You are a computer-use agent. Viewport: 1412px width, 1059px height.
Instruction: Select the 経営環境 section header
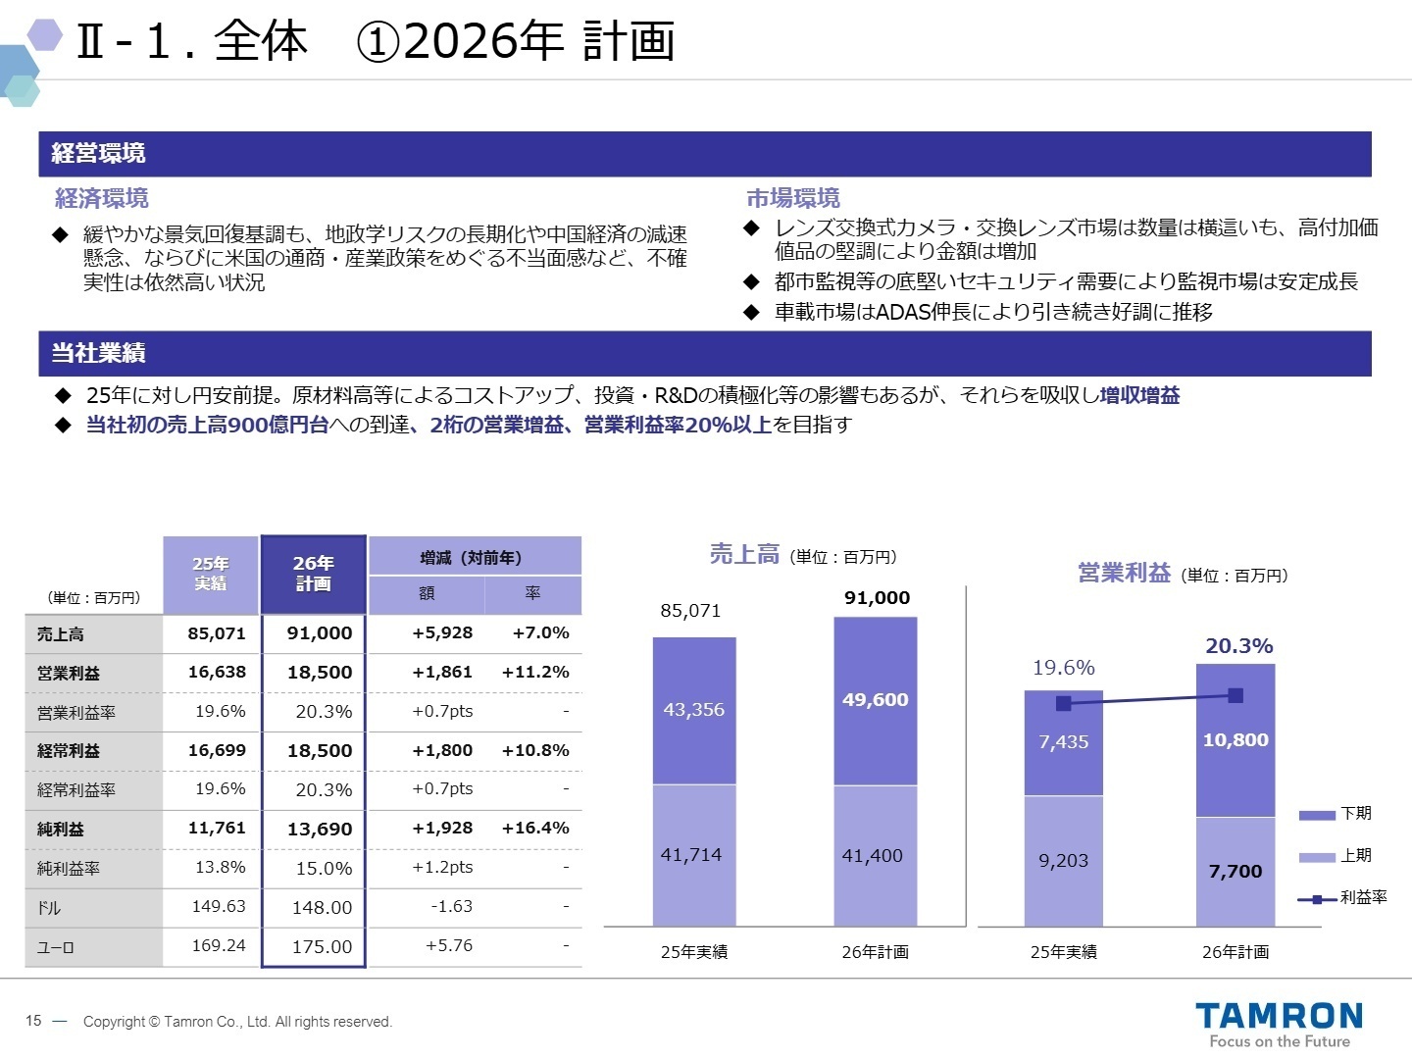click(98, 154)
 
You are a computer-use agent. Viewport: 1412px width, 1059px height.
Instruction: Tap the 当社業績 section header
click(98, 353)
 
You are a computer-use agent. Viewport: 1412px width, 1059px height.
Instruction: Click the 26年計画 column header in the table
click(313, 574)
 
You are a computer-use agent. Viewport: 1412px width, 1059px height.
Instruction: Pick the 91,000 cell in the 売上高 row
click(319, 633)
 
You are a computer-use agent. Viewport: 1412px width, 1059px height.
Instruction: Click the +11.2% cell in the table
click(534, 673)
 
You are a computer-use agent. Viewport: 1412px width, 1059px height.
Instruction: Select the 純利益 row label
click(61, 830)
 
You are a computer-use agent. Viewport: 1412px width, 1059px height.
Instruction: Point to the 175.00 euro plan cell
click(322, 947)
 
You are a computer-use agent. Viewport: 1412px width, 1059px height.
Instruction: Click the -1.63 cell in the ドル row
click(451, 907)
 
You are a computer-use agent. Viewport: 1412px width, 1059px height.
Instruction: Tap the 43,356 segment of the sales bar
click(694, 710)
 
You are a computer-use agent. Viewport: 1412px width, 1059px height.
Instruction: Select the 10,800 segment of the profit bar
click(1235, 740)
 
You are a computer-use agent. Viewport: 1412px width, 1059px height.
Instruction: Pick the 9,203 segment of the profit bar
click(1064, 861)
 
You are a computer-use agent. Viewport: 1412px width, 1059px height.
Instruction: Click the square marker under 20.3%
click(1235, 696)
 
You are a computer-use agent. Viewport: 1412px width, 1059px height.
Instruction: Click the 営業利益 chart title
click(1124, 573)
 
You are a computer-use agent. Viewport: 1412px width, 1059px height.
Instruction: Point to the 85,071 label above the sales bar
click(690, 611)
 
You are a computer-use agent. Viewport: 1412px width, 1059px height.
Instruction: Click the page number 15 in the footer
click(34, 1021)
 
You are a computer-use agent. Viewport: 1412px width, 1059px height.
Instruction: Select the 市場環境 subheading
click(793, 199)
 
